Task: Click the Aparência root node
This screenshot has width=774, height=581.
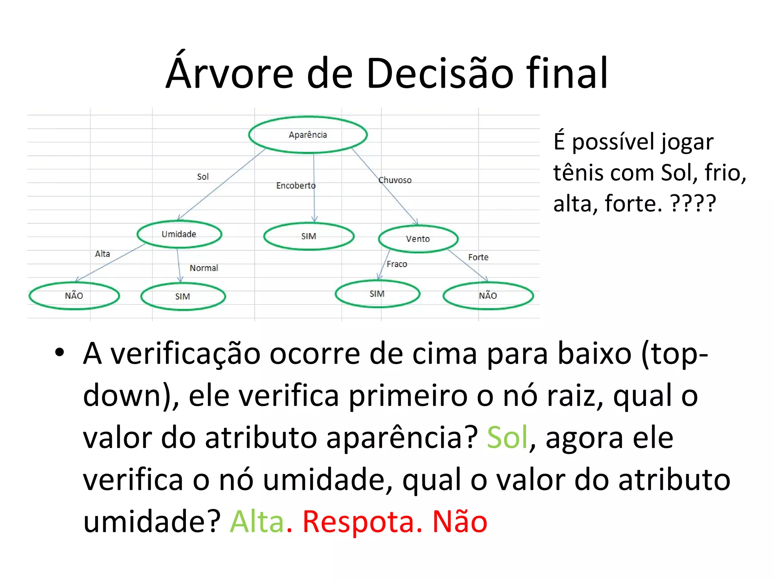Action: click(x=308, y=135)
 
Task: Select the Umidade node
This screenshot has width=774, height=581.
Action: click(x=179, y=234)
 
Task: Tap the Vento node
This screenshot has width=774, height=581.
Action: click(x=418, y=239)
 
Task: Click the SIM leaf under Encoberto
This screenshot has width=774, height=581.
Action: click(x=309, y=236)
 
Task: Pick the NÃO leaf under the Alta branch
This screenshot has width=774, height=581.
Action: click(x=74, y=296)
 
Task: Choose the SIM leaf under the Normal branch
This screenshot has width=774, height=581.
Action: click(x=183, y=297)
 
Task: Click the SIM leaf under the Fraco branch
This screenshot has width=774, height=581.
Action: click(x=377, y=294)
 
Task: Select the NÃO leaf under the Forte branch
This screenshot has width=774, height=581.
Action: click(x=488, y=296)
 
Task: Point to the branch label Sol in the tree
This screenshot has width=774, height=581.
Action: click(x=203, y=177)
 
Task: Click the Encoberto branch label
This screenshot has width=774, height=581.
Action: click(x=296, y=186)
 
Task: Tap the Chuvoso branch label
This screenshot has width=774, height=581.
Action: click(x=395, y=180)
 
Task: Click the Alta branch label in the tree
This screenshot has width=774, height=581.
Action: click(x=102, y=254)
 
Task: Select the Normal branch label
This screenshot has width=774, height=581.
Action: click(x=204, y=268)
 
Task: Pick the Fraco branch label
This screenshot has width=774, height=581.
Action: click(x=397, y=264)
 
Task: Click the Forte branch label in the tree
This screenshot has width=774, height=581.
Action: click(x=478, y=258)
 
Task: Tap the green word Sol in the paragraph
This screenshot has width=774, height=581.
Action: click(x=507, y=437)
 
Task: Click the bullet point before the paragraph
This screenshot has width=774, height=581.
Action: click(x=60, y=353)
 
